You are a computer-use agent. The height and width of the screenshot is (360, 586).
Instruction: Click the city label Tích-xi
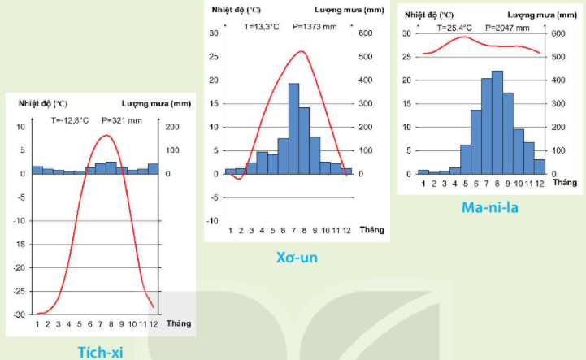[x=100, y=351]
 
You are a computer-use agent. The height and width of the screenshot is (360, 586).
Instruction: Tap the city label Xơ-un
[x=296, y=258]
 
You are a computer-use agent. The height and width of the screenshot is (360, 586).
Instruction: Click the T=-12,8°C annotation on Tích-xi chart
[x=67, y=120]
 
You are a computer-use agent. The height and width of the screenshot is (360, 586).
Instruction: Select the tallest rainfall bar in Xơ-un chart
[x=293, y=128]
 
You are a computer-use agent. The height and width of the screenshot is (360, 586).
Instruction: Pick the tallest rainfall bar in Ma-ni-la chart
[x=497, y=122]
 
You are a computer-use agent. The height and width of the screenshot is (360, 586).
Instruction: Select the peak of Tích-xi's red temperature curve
[x=106, y=136]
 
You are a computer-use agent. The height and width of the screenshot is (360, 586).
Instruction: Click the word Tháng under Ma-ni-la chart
[x=564, y=184]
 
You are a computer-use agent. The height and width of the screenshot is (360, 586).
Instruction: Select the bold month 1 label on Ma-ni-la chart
[x=423, y=183]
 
